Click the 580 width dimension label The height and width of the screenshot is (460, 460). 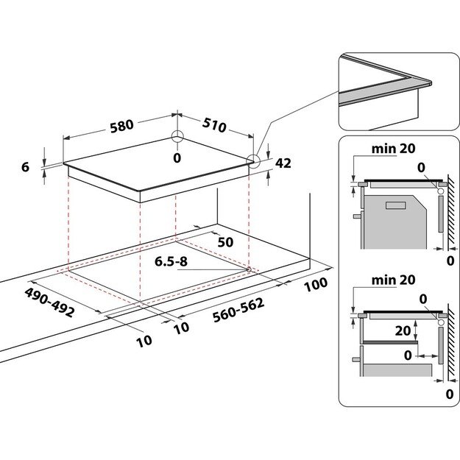pos(121,125)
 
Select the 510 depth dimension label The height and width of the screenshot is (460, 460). pos(213,127)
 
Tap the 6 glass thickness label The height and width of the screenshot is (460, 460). pos(25,167)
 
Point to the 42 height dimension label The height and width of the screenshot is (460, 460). pos(283,163)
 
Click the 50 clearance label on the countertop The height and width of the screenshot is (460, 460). pos(225,242)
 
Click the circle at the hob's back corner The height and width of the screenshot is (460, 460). pos(177,137)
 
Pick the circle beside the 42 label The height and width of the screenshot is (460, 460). pos(253,161)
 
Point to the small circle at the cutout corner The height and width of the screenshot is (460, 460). pos(250,269)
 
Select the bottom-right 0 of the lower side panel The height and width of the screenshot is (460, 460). pos(449,394)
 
